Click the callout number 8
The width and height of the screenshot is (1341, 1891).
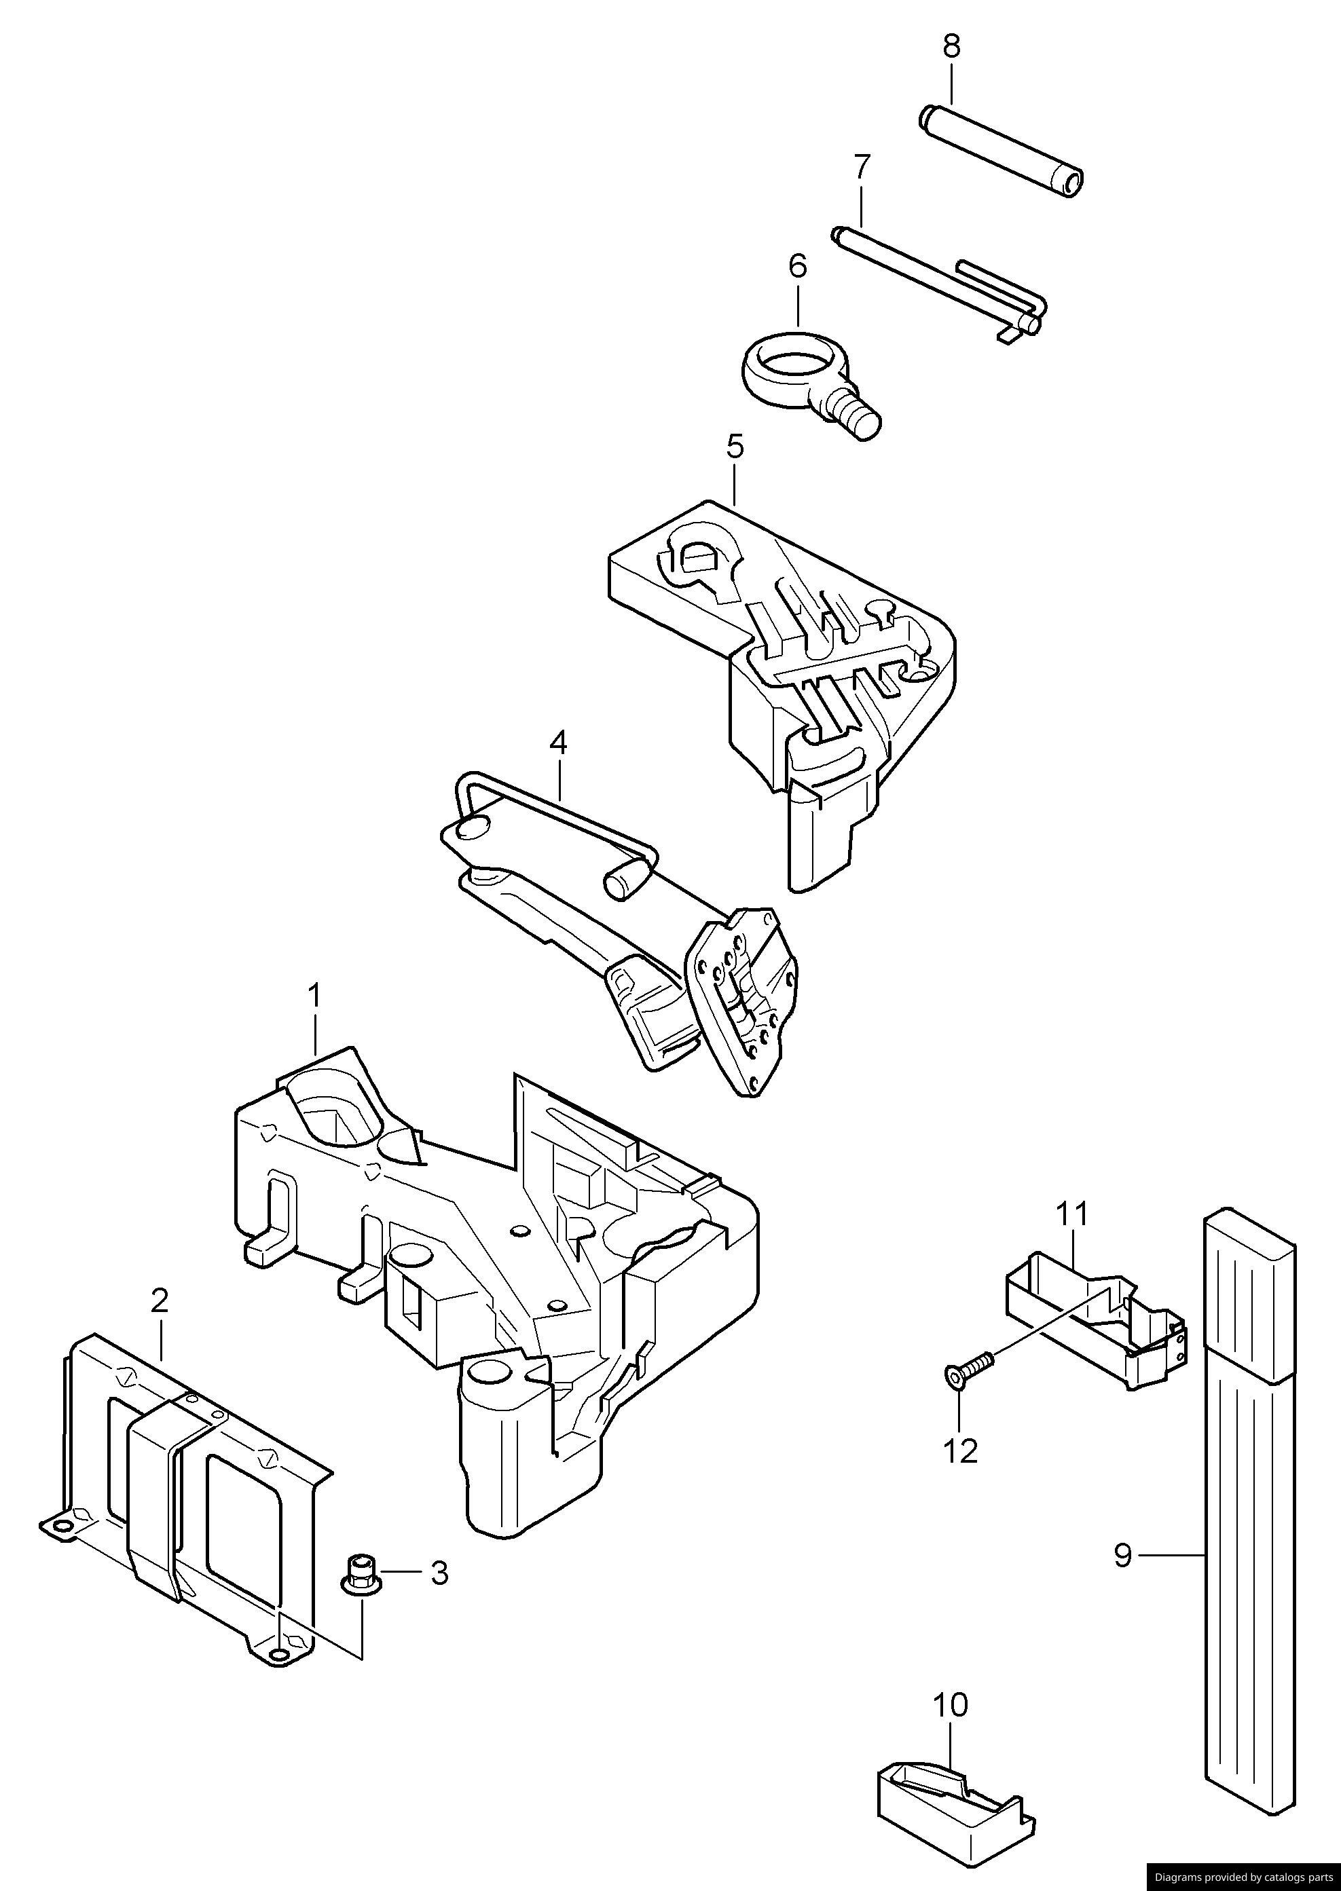tap(951, 46)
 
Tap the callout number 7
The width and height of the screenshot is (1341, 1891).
tap(861, 167)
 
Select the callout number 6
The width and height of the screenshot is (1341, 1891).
tap(797, 266)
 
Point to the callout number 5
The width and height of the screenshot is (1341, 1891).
tap(735, 447)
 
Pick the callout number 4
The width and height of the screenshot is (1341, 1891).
tap(558, 743)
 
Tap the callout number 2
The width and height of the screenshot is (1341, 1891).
tap(160, 1301)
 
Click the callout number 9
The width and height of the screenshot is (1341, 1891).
tap(1122, 1556)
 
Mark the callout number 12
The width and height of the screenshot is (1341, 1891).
tap(960, 1450)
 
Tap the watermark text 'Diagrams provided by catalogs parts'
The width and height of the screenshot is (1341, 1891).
tap(1243, 1877)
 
